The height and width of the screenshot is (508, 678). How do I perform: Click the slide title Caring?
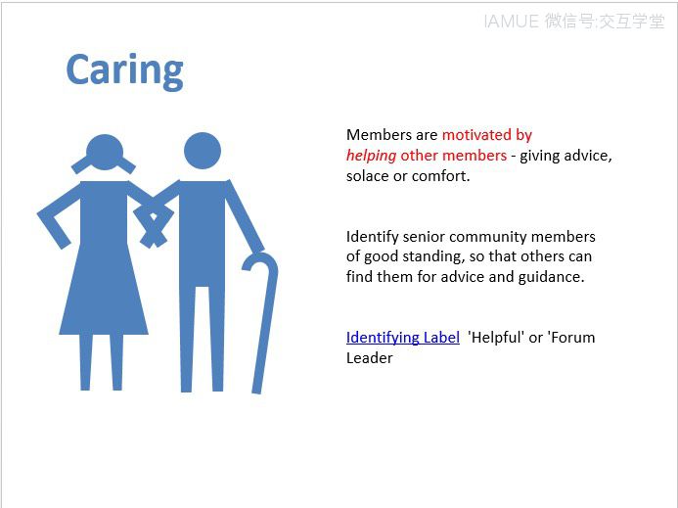click(124, 71)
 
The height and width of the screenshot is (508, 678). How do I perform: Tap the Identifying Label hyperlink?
click(402, 338)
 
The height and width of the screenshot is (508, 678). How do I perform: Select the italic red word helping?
click(371, 156)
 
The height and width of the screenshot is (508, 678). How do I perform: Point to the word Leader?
click(369, 358)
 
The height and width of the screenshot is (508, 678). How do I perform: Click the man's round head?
click(203, 151)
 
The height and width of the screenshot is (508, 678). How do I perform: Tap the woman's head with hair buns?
click(105, 154)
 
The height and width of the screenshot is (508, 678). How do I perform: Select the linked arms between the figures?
click(154, 216)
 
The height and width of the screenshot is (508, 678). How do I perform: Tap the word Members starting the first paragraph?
click(380, 134)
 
